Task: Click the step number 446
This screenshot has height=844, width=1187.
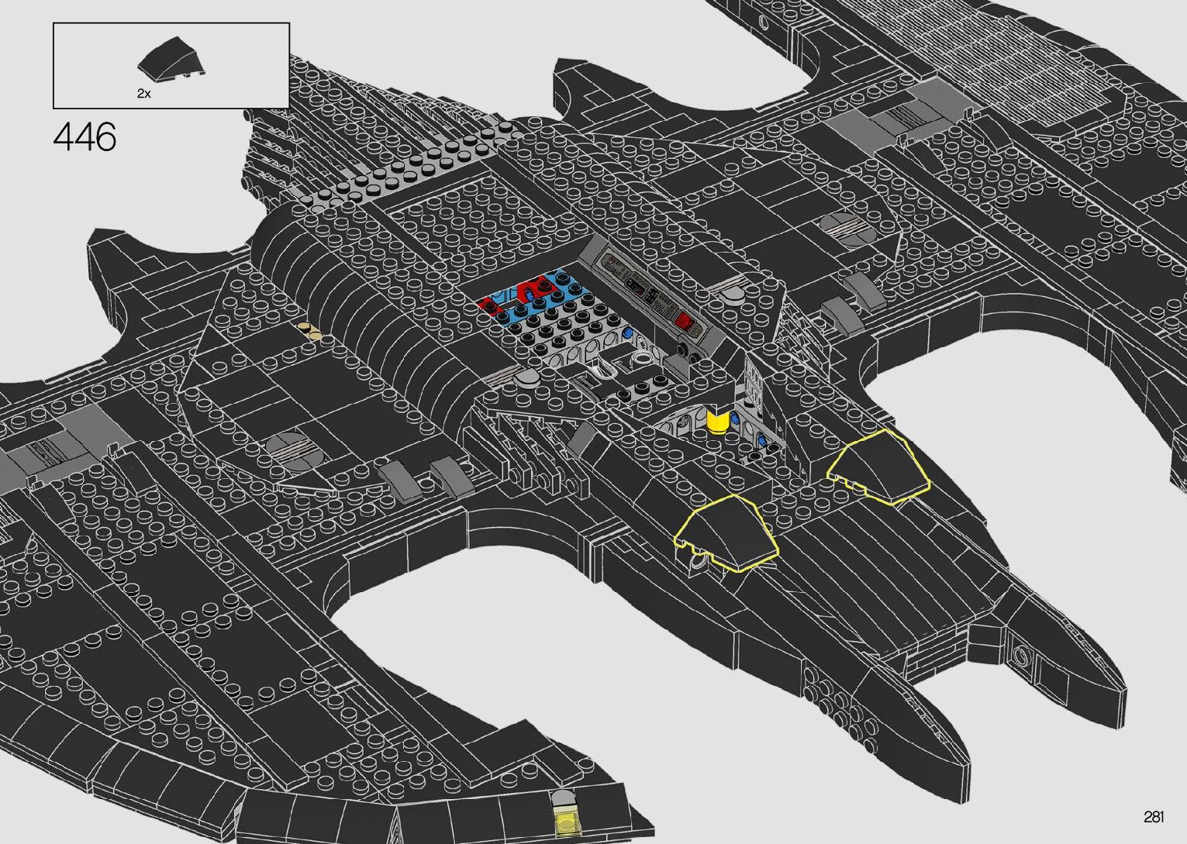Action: click(85, 138)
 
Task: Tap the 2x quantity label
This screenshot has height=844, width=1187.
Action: click(143, 94)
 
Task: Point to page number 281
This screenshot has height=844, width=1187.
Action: click(1153, 817)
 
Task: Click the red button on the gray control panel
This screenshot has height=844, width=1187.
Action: click(684, 322)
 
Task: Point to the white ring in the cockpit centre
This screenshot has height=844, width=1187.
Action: click(640, 357)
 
